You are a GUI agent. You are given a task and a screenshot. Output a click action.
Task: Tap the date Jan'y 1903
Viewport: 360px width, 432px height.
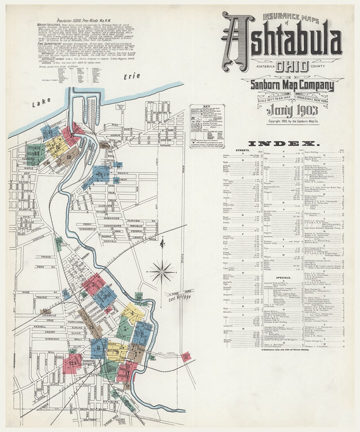(288, 110)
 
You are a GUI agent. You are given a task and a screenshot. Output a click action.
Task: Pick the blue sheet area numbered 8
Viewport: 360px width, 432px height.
(99, 348)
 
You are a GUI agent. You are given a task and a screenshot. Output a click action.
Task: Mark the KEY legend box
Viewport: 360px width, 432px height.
(207, 127)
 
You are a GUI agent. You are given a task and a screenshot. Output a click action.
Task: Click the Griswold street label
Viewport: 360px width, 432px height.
(49, 315)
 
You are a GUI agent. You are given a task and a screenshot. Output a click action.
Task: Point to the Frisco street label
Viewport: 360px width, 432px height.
(46, 257)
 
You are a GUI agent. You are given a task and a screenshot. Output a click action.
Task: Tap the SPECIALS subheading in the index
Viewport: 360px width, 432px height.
(284, 277)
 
